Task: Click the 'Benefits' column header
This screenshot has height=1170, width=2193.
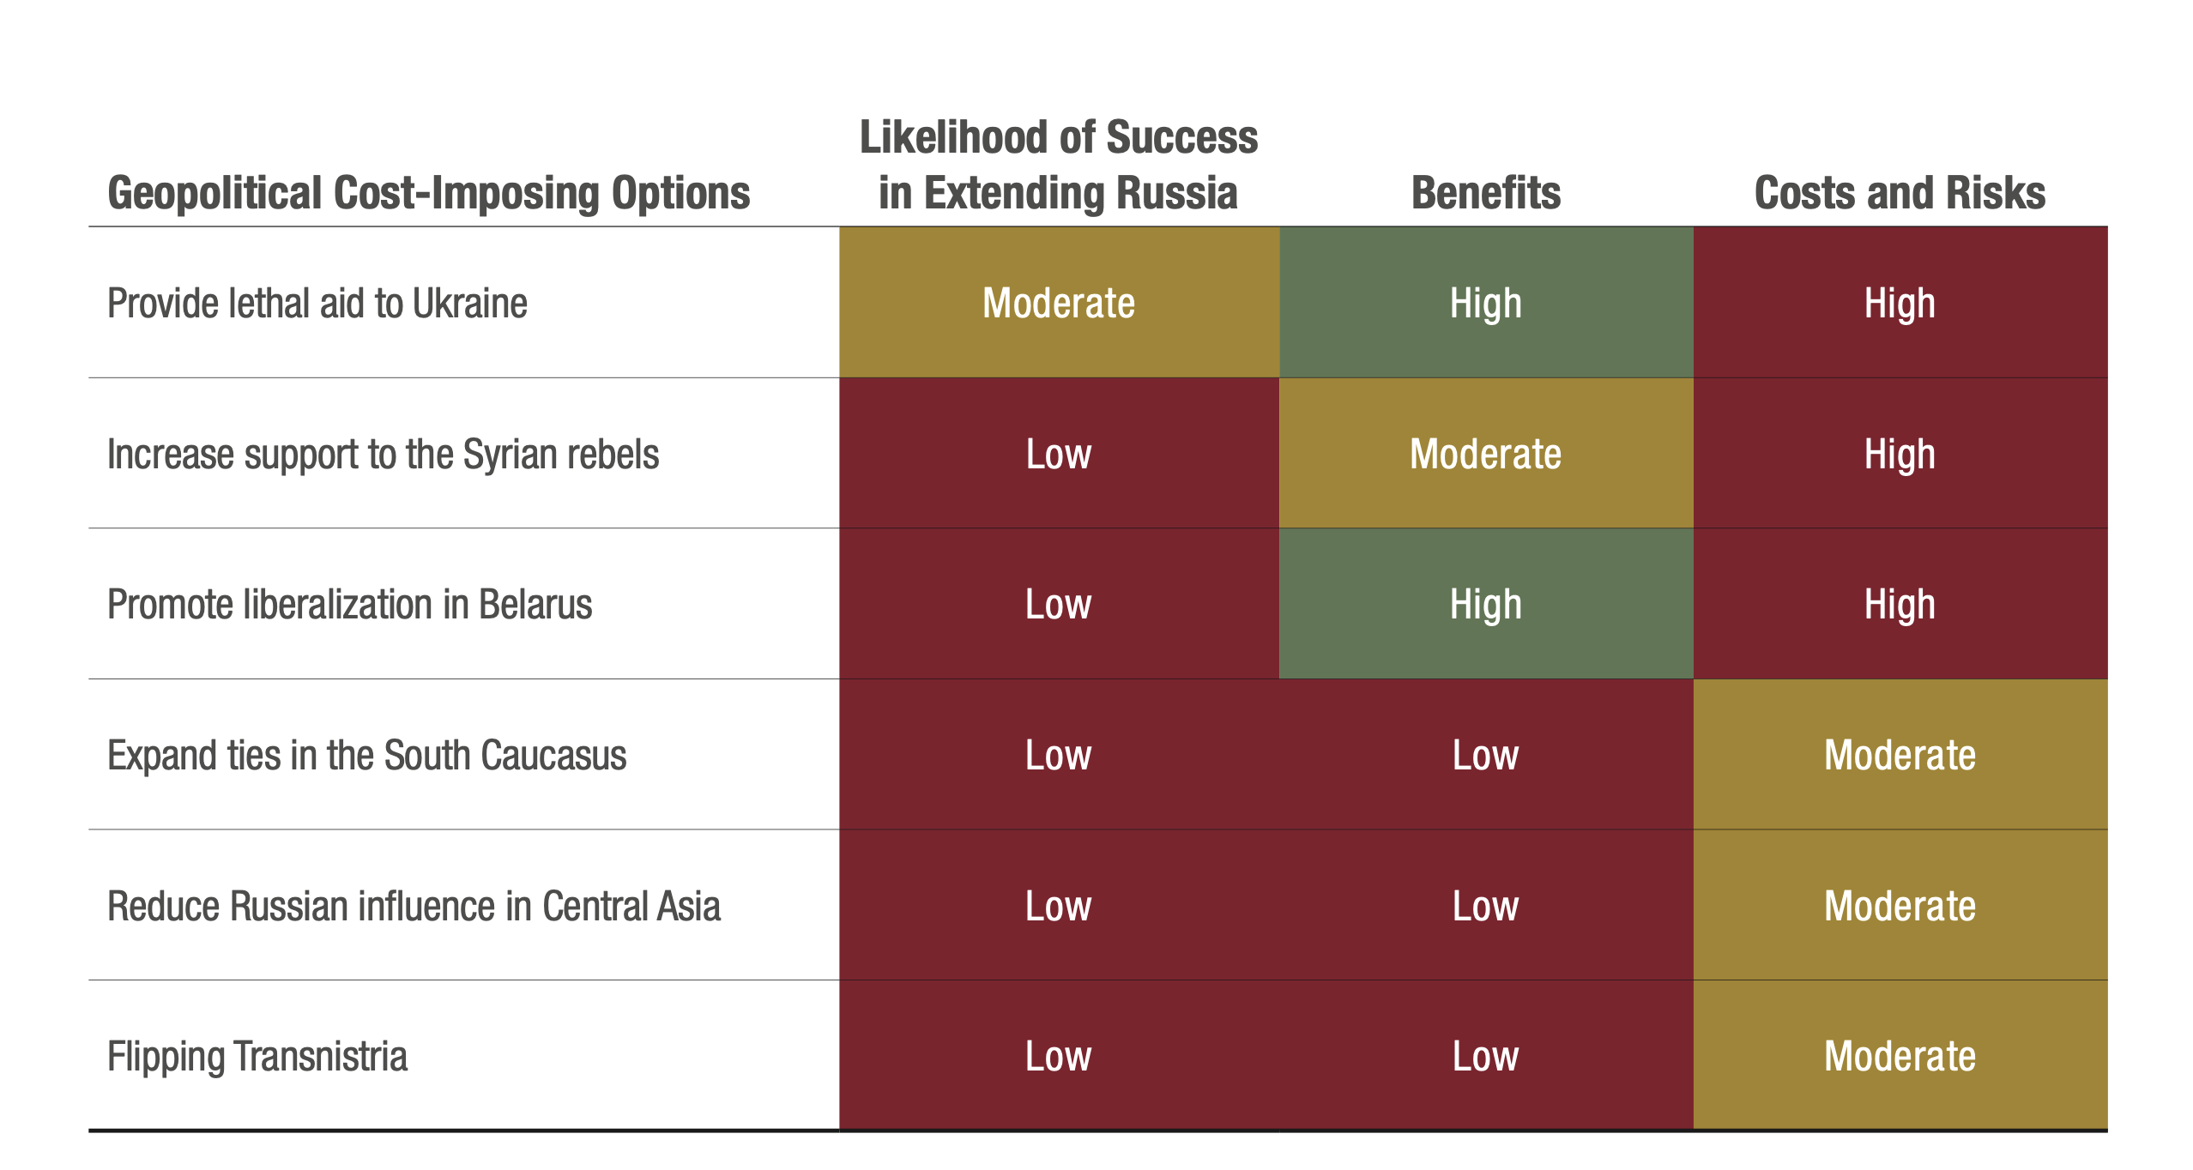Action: point(1485,193)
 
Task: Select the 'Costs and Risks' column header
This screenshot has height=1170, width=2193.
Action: point(1900,193)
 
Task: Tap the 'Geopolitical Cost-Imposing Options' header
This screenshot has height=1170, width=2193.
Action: point(428,193)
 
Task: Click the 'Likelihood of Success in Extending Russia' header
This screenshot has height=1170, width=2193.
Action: point(1058,165)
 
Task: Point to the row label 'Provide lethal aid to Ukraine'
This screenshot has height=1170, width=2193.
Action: point(317,304)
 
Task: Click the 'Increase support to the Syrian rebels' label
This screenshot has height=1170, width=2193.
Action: point(383,455)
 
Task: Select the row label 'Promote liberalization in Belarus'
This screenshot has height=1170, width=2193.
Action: point(349,605)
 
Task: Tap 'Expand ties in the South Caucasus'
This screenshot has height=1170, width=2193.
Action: point(366,756)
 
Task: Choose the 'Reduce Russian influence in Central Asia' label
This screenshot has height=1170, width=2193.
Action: point(414,907)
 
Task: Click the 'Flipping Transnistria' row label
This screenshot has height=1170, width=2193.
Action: point(257,1057)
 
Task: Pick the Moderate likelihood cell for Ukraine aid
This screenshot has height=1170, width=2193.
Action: point(1058,304)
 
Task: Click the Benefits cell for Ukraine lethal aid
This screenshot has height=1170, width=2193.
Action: point(1485,304)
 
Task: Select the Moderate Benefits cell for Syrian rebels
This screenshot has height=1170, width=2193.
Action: point(1485,455)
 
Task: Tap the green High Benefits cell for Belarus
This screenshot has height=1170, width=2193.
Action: point(1485,605)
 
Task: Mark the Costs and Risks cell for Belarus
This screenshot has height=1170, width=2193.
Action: point(1900,605)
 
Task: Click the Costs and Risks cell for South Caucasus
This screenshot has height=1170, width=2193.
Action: point(1900,756)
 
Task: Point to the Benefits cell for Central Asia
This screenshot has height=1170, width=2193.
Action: point(1485,907)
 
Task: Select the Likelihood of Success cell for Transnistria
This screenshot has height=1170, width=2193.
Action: point(1058,1057)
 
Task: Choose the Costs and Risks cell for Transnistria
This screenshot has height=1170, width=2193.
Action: point(1900,1057)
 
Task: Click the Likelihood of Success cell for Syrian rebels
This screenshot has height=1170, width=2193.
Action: point(1058,455)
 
